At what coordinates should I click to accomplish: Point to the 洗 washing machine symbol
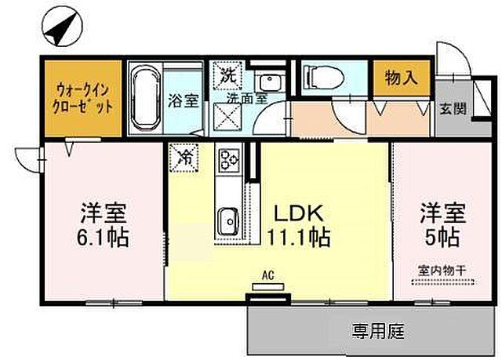coord(227,76)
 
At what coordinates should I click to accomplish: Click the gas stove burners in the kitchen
coord(228,159)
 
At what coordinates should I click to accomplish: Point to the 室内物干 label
coord(441,269)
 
